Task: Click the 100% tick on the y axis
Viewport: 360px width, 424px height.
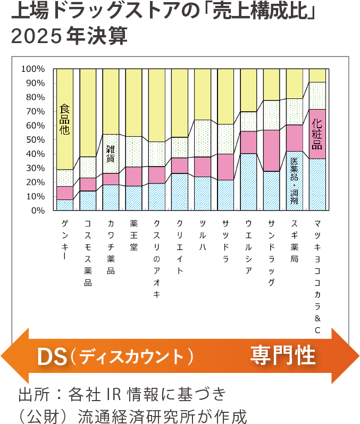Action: [x=33, y=69]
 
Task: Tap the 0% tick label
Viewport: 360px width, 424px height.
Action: [x=38, y=211]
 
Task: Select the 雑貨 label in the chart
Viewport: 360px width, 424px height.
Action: [x=111, y=152]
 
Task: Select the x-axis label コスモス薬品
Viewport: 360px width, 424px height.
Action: [x=88, y=253]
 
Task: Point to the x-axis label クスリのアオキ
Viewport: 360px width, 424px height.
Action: [x=156, y=259]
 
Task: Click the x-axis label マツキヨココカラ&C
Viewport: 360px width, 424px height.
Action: [x=317, y=277]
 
